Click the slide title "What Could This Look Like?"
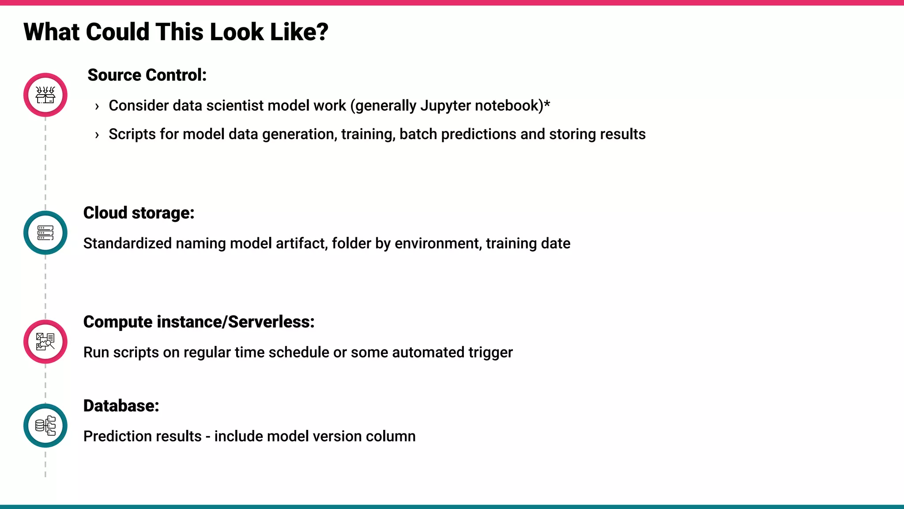(x=176, y=32)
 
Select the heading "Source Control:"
(x=147, y=75)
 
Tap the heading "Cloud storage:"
(x=139, y=213)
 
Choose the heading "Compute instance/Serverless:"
(x=199, y=322)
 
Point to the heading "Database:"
(x=121, y=406)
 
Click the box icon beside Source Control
(x=45, y=95)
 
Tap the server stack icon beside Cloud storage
(x=45, y=233)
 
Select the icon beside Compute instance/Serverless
(x=45, y=342)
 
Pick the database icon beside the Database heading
(x=45, y=425)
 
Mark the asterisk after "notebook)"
(x=547, y=104)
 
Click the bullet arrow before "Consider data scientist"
(x=97, y=106)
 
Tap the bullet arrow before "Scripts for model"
(x=97, y=135)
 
